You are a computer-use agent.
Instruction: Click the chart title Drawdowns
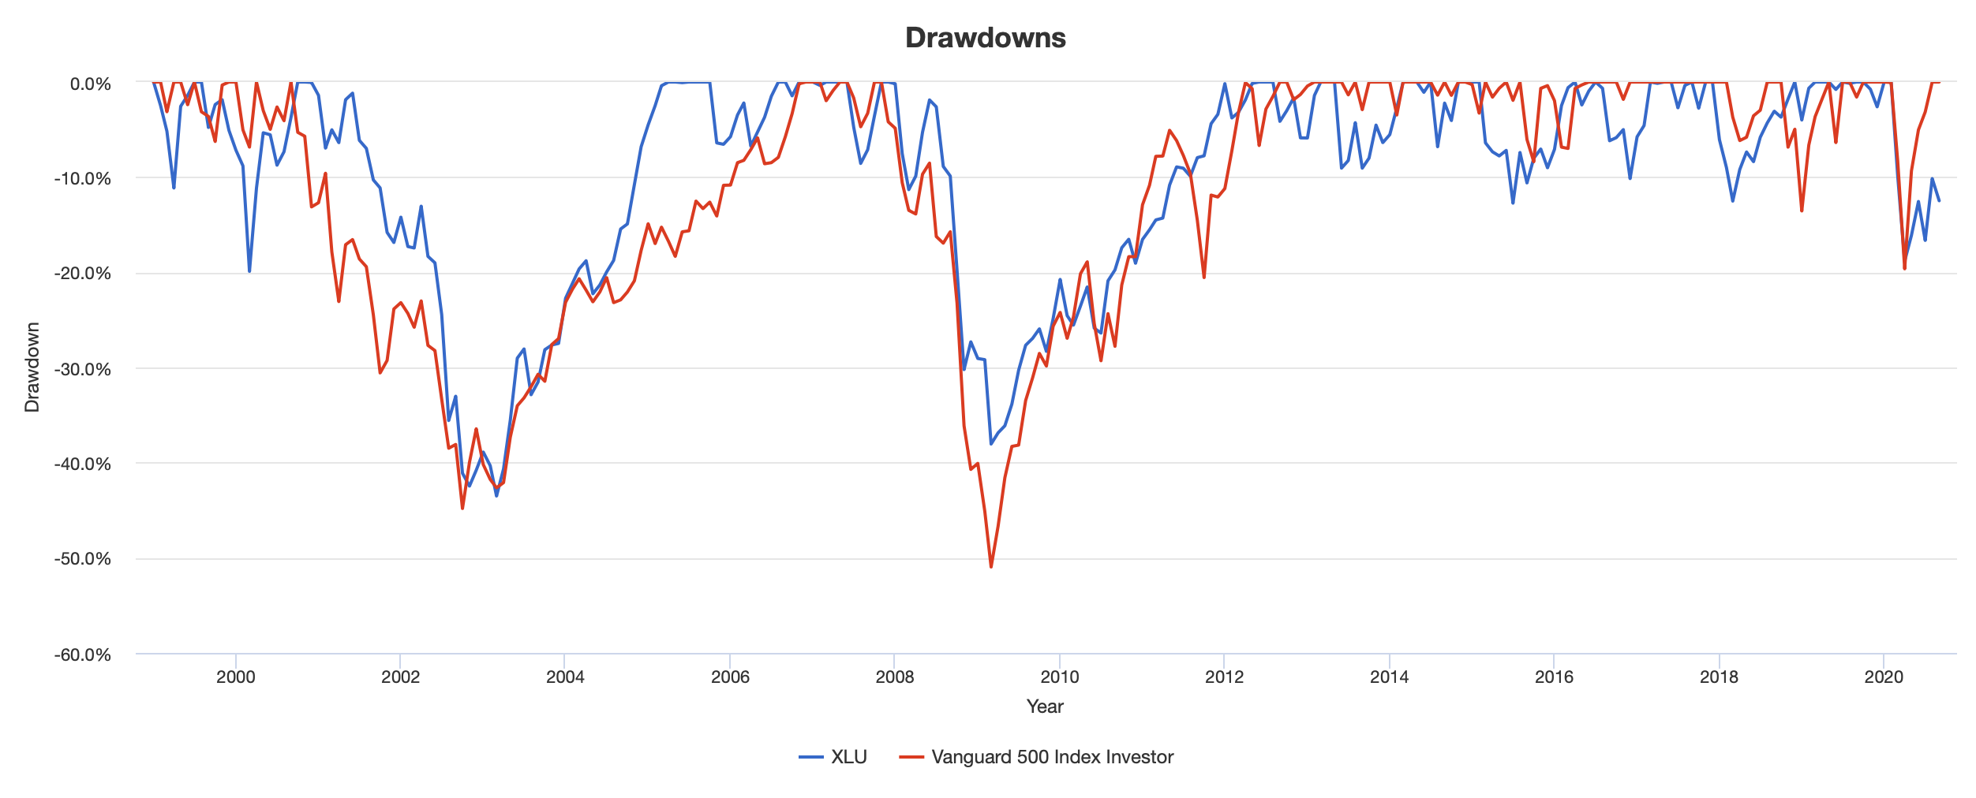tap(985, 38)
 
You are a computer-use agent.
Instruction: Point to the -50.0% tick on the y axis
tap(82, 559)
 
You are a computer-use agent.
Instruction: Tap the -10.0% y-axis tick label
tap(82, 178)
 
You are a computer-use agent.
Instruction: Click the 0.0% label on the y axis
tap(90, 84)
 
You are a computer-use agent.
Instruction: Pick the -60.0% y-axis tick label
tap(82, 655)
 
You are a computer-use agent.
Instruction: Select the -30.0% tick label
tap(82, 369)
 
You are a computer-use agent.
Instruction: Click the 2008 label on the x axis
tap(894, 677)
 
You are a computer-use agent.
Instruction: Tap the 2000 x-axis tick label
tap(235, 677)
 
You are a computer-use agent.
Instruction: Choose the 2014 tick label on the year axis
tap(1389, 677)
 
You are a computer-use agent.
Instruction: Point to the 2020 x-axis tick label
tap(1884, 677)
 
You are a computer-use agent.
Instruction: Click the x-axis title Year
tap(1045, 707)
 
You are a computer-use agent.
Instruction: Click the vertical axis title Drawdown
tap(32, 367)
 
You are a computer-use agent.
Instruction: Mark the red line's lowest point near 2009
tap(991, 566)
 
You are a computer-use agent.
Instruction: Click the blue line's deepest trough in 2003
tap(496, 495)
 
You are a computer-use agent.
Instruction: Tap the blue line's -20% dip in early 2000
tap(249, 271)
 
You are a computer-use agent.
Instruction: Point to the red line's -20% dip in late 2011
tap(1204, 277)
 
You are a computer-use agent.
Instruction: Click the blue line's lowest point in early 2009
tap(991, 444)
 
